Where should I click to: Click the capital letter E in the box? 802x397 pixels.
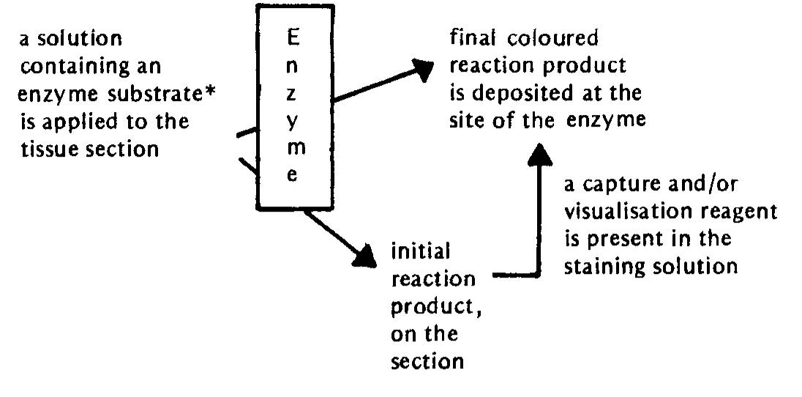[x=293, y=37]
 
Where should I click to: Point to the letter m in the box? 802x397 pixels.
[x=293, y=147]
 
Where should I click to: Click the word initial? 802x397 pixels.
[x=419, y=251]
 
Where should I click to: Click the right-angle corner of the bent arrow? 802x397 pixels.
[x=539, y=276]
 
